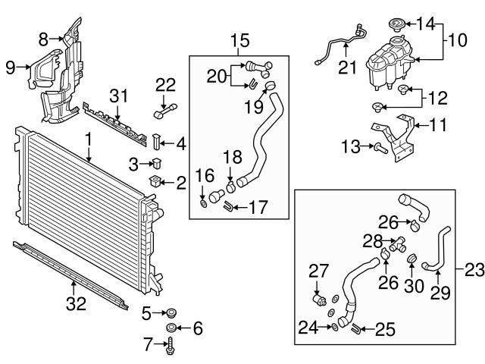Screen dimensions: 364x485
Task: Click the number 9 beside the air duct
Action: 10,67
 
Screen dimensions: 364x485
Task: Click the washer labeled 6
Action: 172,328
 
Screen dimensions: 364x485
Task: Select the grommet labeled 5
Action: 170,311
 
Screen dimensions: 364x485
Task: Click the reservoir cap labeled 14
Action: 395,24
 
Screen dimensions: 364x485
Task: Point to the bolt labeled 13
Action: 377,146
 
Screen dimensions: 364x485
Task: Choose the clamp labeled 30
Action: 414,262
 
